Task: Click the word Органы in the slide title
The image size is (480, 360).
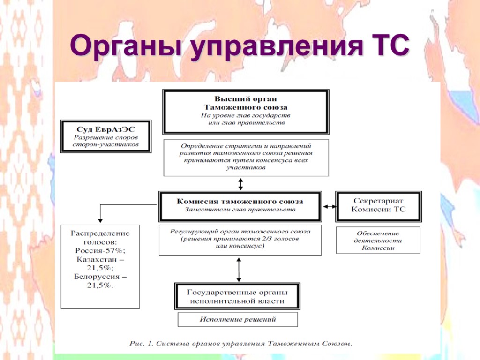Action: (x=125, y=47)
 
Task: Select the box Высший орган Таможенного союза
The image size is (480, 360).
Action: (x=245, y=112)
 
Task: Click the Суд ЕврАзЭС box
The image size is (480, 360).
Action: (x=106, y=136)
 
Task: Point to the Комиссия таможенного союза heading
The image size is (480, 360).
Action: (x=240, y=201)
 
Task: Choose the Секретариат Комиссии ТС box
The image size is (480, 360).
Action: (x=378, y=205)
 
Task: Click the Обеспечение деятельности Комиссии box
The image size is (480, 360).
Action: (x=378, y=240)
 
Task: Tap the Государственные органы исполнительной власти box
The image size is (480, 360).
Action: (x=237, y=296)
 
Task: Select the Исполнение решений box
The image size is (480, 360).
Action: (x=238, y=320)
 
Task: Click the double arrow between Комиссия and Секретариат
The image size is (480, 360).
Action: (x=329, y=206)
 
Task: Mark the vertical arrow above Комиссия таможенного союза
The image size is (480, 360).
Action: (x=241, y=183)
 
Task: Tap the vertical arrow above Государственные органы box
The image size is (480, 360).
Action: (x=239, y=269)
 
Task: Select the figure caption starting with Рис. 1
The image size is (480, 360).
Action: (x=240, y=344)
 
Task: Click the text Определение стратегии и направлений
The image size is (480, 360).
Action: (x=246, y=146)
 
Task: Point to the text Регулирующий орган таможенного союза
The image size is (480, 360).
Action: (x=240, y=232)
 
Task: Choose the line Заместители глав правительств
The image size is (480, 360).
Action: (x=240, y=210)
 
